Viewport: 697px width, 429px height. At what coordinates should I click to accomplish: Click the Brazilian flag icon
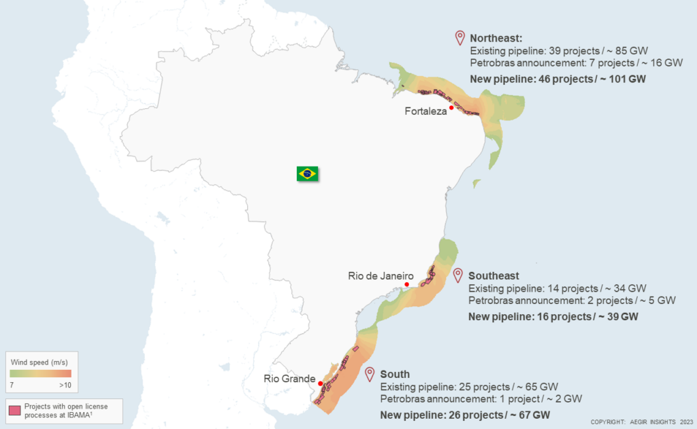point(308,173)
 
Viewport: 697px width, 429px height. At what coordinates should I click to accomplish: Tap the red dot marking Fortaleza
point(451,107)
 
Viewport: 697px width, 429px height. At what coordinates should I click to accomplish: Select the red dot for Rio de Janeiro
point(406,284)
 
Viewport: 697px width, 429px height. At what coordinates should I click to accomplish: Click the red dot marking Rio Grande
point(321,383)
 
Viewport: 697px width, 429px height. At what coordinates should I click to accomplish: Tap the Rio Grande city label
point(289,379)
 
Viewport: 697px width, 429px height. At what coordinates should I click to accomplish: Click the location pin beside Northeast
point(460,37)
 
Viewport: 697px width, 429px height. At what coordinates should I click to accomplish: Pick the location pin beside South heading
point(370,373)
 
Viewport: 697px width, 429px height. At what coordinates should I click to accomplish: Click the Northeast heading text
point(496,38)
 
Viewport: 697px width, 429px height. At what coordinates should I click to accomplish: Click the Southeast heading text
point(493,276)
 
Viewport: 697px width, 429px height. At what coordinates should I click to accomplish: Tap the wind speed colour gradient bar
point(40,373)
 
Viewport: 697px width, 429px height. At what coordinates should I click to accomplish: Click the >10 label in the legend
point(64,385)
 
